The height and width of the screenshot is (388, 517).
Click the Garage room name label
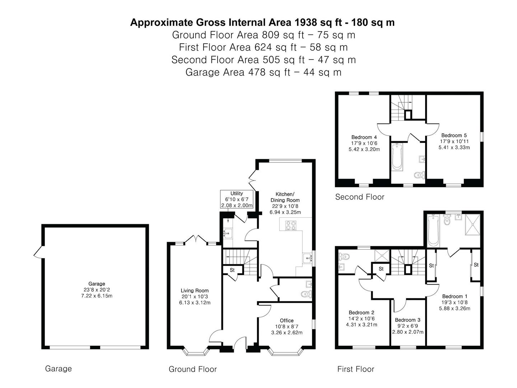(97, 284)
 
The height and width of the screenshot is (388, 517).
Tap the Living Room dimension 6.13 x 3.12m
(195, 303)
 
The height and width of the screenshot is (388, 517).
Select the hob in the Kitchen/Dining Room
(291, 225)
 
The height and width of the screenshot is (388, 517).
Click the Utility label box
(237, 199)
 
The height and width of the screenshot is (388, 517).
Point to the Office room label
(287, 320)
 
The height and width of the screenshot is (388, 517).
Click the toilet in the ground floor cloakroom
(307, 294)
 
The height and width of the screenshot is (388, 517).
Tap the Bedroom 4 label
(364, 137)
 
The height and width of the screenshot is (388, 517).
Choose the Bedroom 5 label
(454, 135)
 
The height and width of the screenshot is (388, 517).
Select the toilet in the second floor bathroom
(419, 175)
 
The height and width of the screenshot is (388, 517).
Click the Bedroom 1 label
(455, 296)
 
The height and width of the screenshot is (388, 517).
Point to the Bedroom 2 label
(361, 313)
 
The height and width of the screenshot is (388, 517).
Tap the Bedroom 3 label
(407, 320)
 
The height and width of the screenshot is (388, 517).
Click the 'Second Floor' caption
(360, 197)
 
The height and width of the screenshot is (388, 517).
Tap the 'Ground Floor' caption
(193, 369)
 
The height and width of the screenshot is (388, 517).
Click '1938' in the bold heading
(305, 23)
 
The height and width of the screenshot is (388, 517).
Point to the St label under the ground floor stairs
(232, 270)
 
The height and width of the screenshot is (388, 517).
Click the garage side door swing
(38, 252)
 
